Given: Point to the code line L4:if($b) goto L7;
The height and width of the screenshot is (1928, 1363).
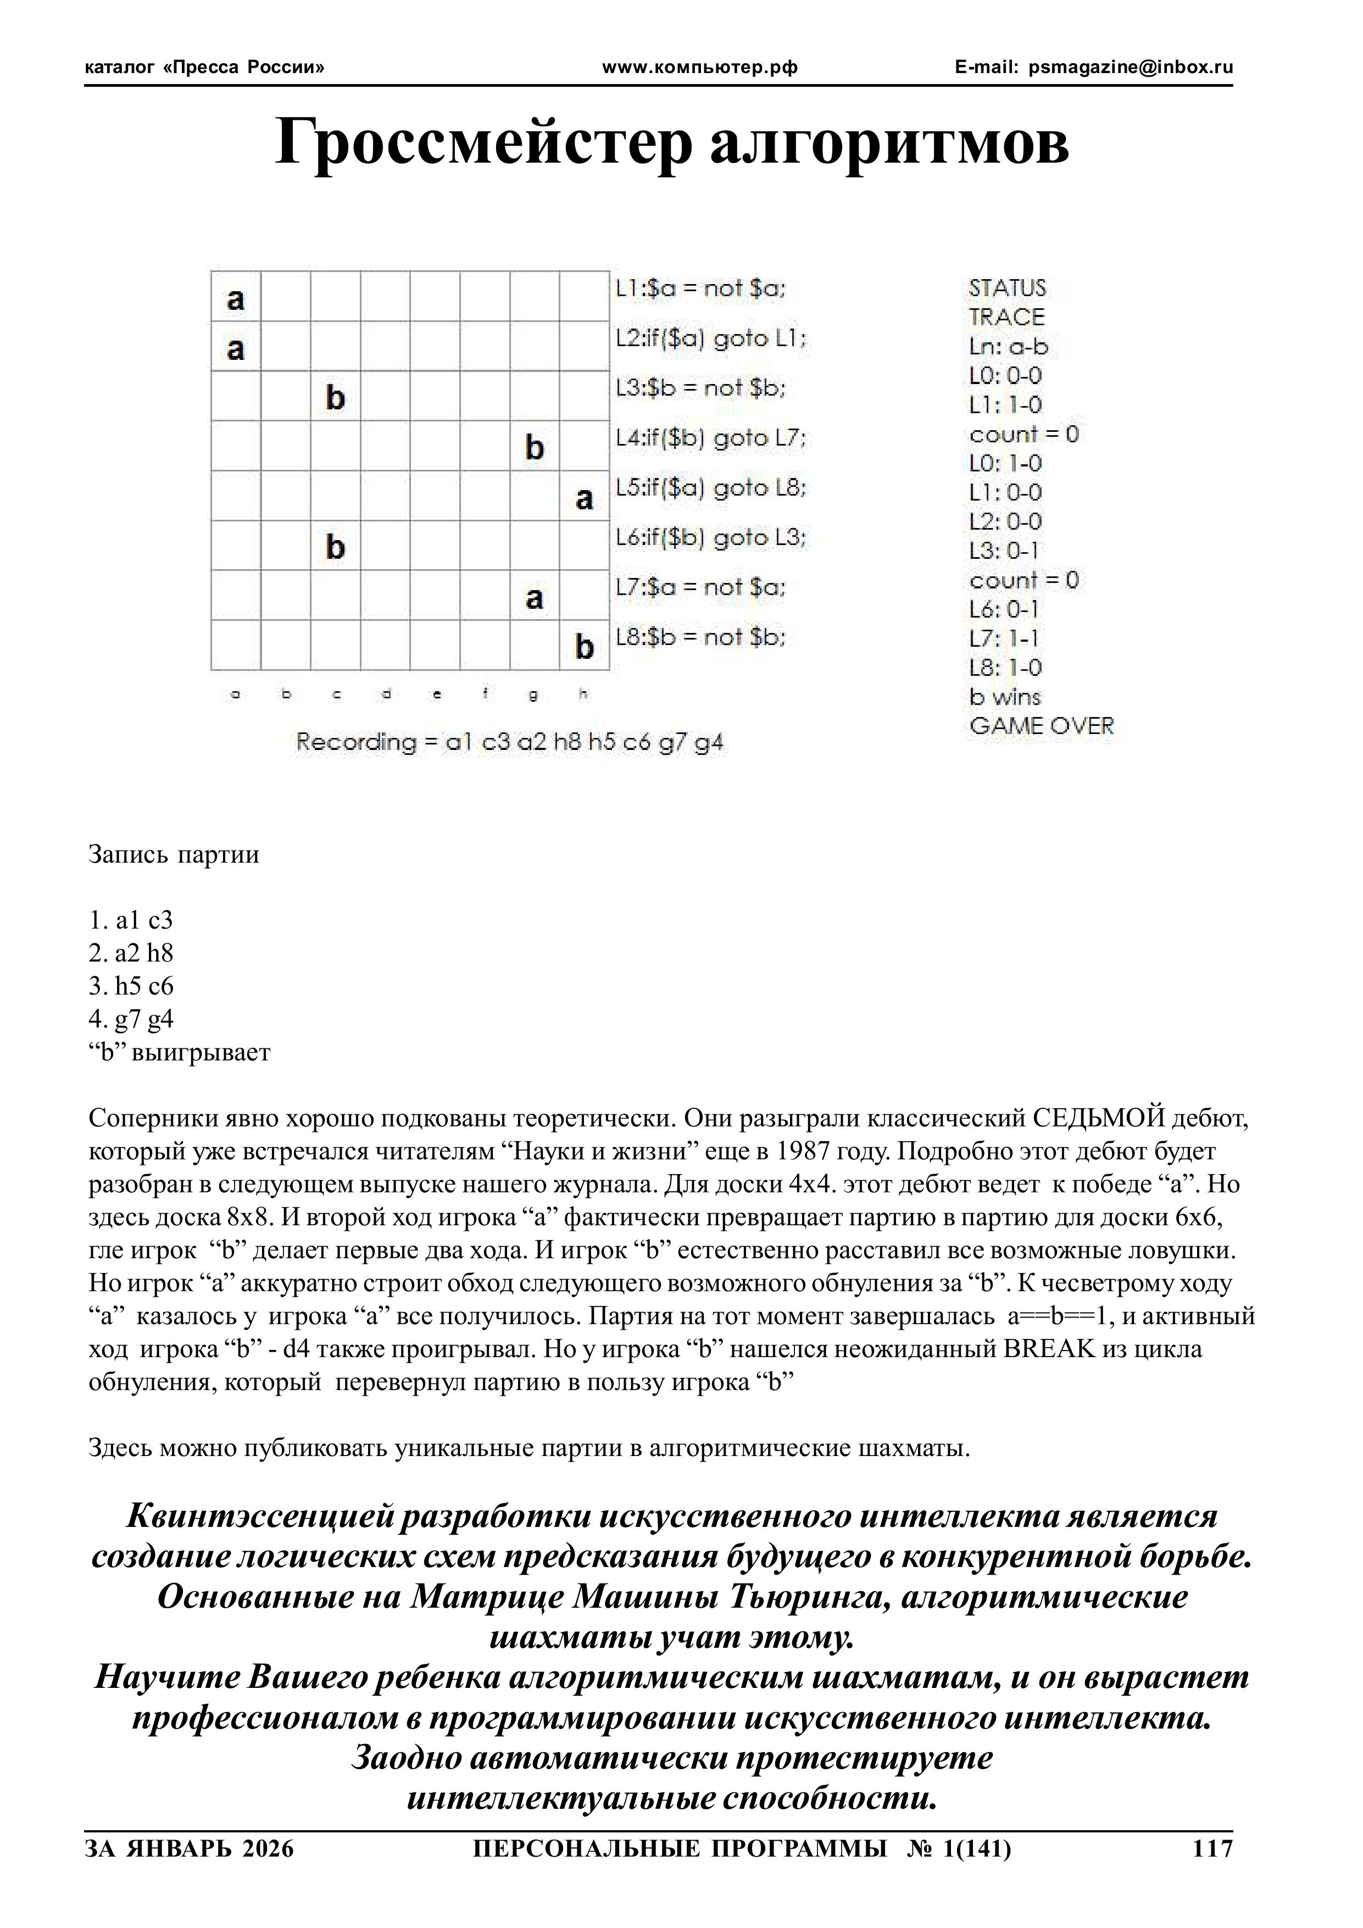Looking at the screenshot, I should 710,438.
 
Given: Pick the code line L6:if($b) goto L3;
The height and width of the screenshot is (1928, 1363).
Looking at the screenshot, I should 710,538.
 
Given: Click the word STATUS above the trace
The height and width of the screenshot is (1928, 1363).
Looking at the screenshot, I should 1007,289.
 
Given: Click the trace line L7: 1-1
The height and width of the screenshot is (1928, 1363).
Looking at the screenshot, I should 1004,639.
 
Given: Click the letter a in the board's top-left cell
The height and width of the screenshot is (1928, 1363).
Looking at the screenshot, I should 236,298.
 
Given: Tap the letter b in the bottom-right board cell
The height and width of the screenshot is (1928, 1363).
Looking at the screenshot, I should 585,647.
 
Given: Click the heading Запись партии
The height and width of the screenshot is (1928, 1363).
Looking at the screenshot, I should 174,855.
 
